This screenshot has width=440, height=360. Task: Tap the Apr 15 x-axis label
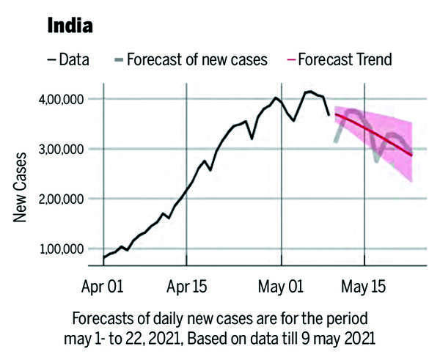[x=188, y=284]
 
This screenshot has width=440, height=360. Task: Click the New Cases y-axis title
[x=21, y=187]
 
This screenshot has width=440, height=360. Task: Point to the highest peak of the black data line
[x=309, y=92]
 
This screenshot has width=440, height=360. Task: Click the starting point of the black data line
[x=104, y=259]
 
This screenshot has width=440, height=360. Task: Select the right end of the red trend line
[x=412, y=155]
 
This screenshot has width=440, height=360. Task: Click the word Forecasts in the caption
[x=101, y=321]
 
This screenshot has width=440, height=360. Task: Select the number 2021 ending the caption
[x=358, y=339]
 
